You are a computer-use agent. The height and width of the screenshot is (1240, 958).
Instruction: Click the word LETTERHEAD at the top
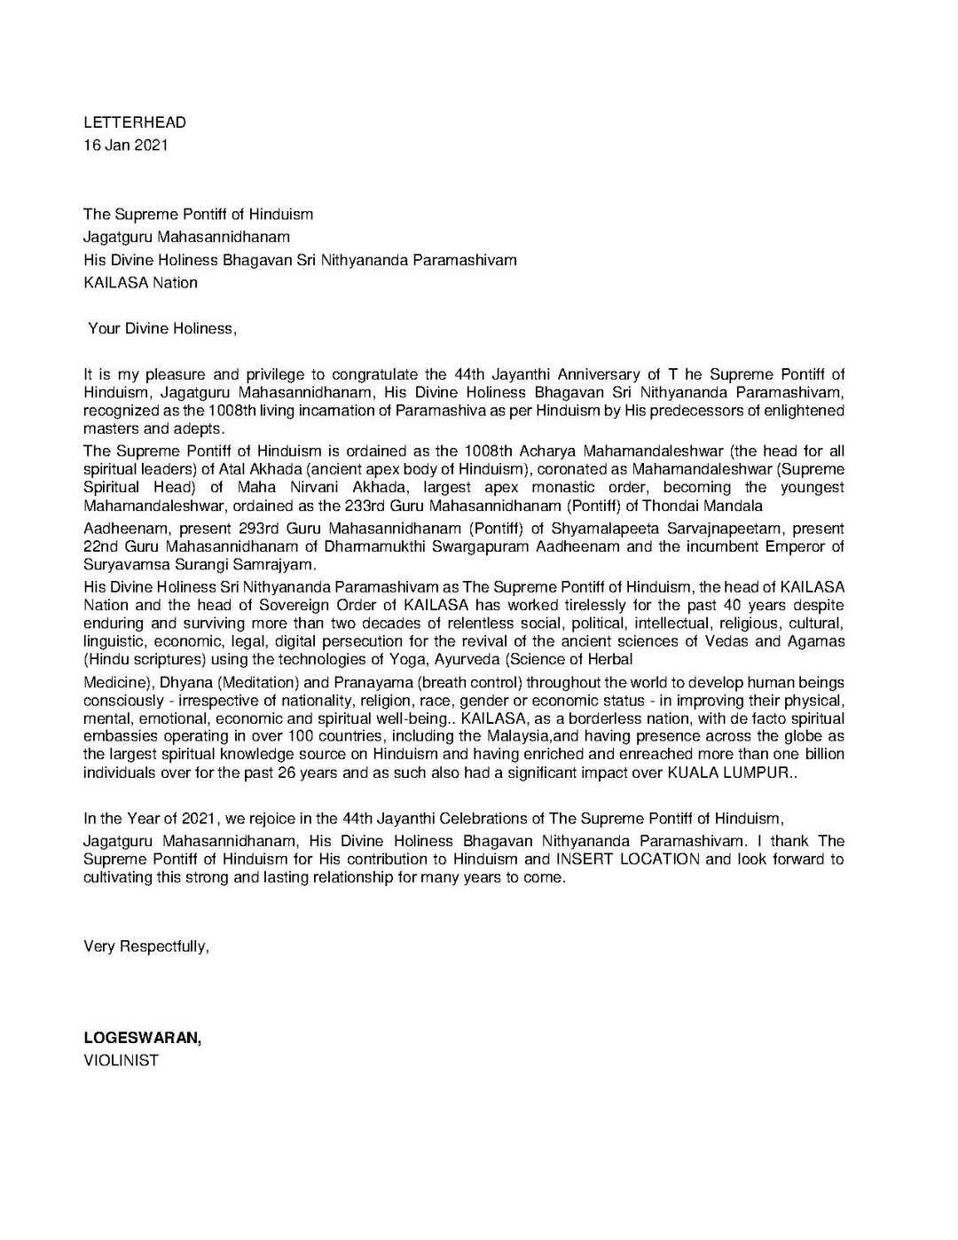(x=135, y=122)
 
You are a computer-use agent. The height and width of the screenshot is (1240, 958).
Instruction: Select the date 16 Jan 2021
(x=125, y=145)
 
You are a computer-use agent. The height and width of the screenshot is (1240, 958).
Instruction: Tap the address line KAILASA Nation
(x=140, y=283)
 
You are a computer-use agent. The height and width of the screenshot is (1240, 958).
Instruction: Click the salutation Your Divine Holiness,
(x=162, y=329)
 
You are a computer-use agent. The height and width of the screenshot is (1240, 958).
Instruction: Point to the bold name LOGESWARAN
(x=141, y=1038)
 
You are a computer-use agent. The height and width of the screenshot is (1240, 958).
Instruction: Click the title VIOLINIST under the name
(x=121, y=1060)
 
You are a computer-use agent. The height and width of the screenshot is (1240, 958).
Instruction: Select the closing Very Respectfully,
(x=146, y=946)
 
